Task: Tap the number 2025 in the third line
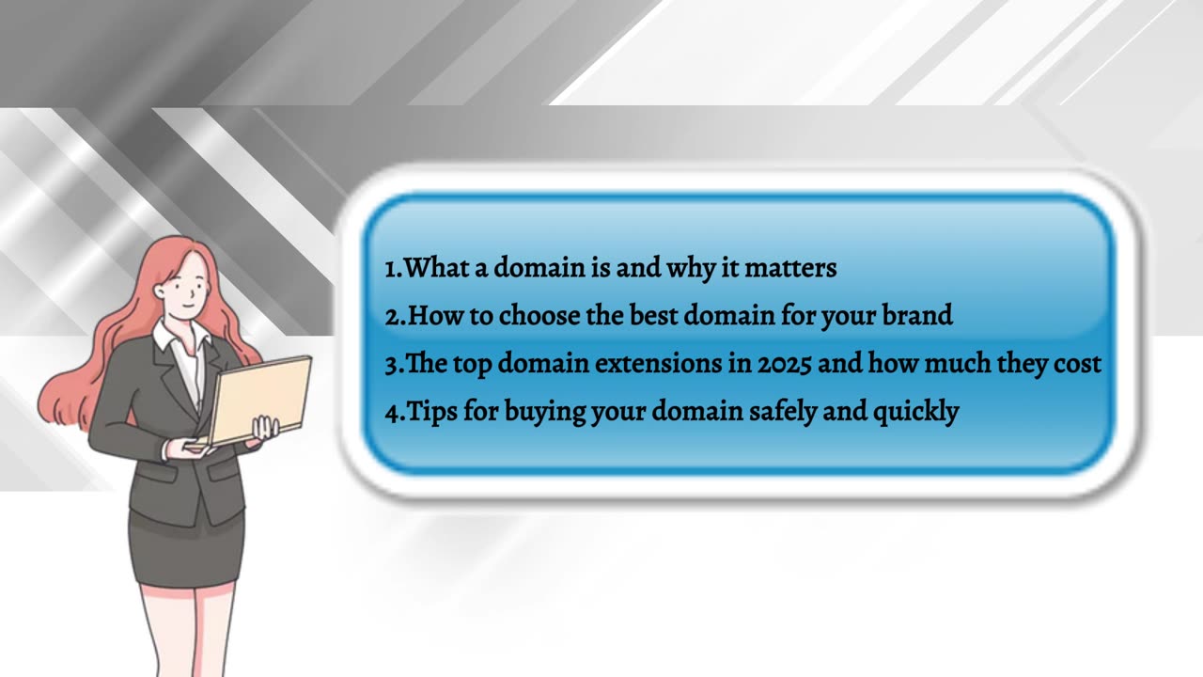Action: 784,364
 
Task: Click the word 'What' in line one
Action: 435,267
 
